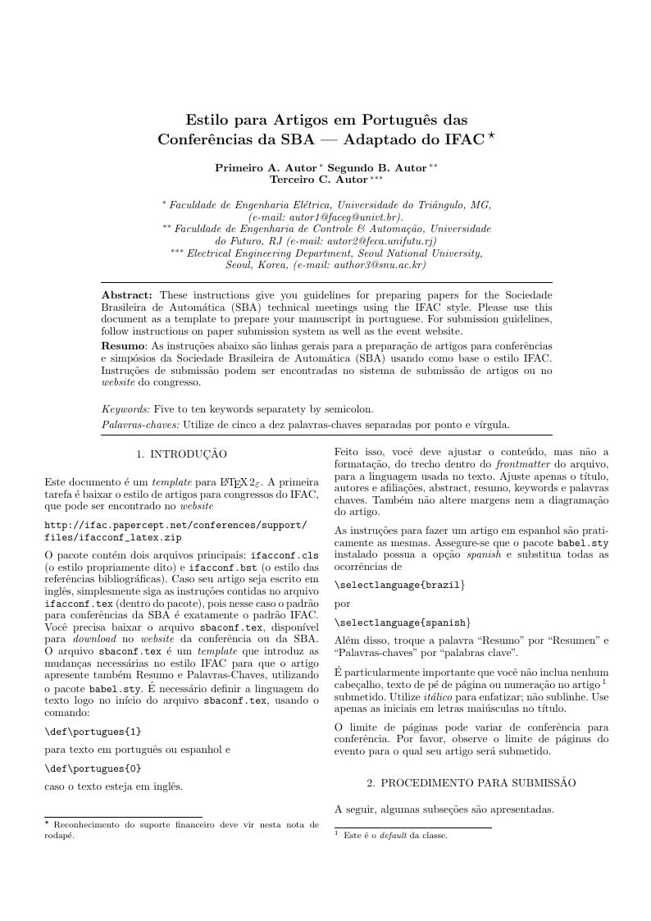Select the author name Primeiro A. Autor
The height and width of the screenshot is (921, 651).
(259, 167)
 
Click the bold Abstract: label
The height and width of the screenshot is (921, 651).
(127, 294)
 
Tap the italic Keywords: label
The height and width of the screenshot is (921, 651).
(126, 408)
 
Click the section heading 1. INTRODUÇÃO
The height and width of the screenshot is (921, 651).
(181, 454)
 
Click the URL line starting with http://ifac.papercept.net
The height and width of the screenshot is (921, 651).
(175, 525)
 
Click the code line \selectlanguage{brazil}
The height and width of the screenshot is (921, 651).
(399, 585)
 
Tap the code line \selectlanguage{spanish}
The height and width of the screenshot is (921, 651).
(402, 622)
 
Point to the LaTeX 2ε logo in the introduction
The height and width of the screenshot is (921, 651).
(244, 483)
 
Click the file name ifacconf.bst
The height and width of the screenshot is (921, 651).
(220, 567)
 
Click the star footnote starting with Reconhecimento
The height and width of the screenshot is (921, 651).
(181, 829)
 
